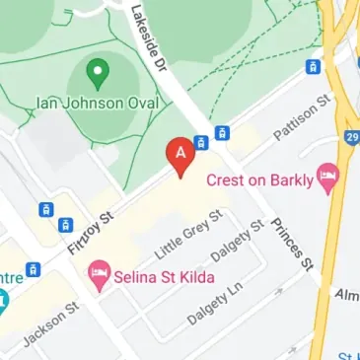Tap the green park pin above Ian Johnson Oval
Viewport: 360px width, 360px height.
97,71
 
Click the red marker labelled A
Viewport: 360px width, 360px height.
180,156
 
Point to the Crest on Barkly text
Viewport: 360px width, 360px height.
259,180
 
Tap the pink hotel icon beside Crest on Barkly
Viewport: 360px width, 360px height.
327,180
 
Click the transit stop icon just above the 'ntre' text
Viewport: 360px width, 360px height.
35,267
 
